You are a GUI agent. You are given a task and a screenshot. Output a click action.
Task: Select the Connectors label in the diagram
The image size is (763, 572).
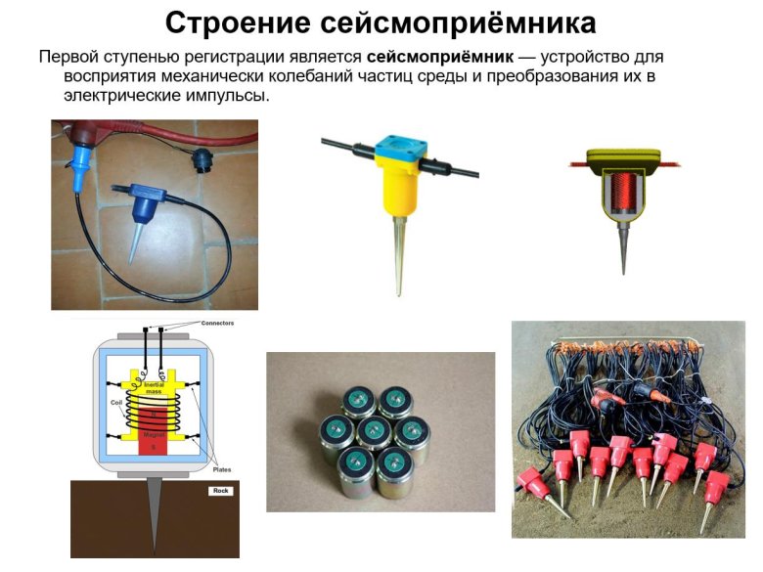(217, 323)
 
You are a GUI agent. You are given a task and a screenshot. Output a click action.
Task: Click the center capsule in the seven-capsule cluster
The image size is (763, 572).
(378, 430)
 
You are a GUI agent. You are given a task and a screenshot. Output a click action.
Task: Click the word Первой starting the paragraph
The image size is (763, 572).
(70, 57)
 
